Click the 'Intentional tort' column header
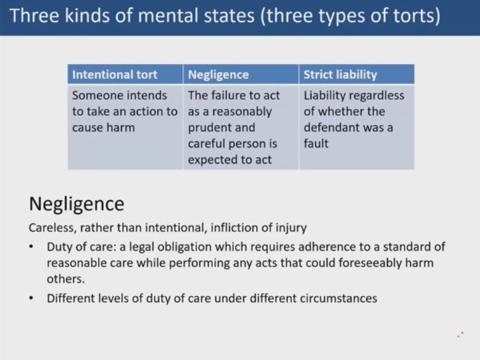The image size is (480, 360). pos(115,75)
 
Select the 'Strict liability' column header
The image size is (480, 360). pos(340,75)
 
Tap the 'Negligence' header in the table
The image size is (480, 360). pos(218,75)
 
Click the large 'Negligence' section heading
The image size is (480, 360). pos(76,204)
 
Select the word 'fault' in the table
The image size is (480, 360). pos(316,143)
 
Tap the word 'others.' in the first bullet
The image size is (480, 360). pos(66,279)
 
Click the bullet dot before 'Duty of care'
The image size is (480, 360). pos(31,247)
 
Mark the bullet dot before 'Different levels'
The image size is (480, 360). pos(31,298)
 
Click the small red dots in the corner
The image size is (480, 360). pos(461,335)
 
